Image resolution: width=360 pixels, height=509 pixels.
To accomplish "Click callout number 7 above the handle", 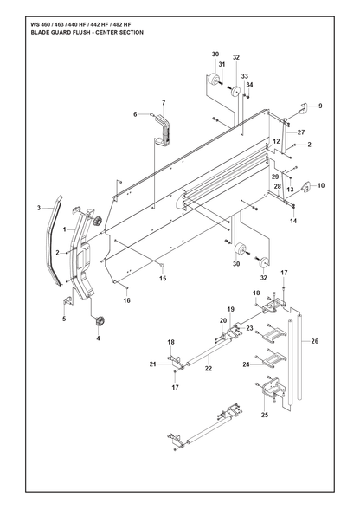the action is click(x=164, y=103).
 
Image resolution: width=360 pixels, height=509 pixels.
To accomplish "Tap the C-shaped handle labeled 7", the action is click(x=164, y=130).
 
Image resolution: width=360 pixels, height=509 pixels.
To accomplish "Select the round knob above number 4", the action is click(x=99, y=322).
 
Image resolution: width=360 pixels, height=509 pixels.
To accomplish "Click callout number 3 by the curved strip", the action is click(x=39, y=208).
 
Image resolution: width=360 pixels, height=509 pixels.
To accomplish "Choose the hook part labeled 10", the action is click(x=306, y=187).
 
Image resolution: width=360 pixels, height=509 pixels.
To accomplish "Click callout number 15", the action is click(x=163, y=278).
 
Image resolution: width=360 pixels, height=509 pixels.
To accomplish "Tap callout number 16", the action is click(x=127, y=300).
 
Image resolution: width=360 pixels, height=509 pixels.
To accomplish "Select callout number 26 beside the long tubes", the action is click(x=314, y=341).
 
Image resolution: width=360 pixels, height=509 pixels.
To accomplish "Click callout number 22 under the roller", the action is click(x=209, y=369).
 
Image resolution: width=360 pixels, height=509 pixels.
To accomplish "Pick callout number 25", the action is click(x=265, y=415).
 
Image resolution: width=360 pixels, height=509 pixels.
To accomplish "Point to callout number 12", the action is click(x=276, y=141).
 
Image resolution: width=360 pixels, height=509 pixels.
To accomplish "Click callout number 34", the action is click(x=249, y=85).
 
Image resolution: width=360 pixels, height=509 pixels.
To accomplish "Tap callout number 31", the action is click(x=222, y=65).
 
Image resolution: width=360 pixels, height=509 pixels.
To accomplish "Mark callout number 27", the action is click(x=301, y=132).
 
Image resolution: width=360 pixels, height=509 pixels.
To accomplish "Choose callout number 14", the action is click(x=293, y=221).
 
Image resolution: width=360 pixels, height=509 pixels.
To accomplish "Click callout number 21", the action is click(x=152, y=364).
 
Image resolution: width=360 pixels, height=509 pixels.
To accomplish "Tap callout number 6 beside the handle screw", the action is click(x=135, y=114).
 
